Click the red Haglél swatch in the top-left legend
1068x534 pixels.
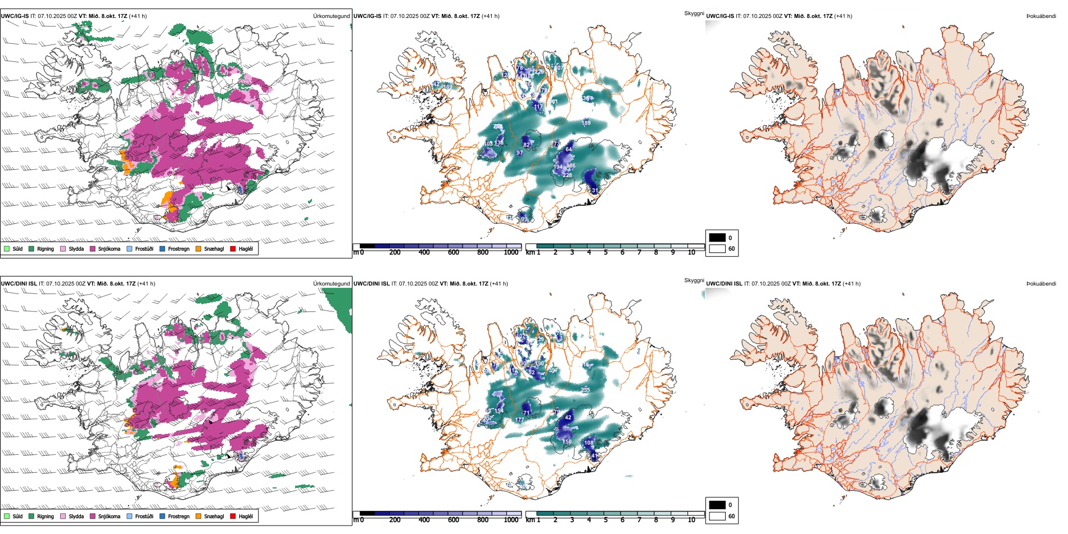[233, 248]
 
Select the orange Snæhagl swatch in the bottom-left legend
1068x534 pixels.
[198, 516]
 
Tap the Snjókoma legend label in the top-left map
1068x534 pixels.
[109, 248]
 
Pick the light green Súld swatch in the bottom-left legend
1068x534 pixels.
[7, 516]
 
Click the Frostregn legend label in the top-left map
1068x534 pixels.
[179, 248]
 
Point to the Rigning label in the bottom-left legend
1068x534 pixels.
[46, 516]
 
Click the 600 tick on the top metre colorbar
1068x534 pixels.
[453, 252]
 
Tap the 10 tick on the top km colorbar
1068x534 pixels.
[691, 252]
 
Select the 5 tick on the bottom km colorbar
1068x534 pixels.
[605, 520]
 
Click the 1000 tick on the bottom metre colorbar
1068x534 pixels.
[511, 520]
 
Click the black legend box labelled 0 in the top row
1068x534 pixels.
[717, 238]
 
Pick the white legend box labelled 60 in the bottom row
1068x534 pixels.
[717, 516]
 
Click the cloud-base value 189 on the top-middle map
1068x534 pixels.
[586, 123]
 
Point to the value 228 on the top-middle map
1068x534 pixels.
[567, 175]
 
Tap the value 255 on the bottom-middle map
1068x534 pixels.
[585, 390]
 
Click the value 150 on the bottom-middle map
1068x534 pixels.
[567, 442]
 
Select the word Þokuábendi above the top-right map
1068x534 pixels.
[1041, 16]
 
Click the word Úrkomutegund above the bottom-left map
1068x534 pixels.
[331, 284]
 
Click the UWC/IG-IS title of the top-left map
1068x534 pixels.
[15, 16]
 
